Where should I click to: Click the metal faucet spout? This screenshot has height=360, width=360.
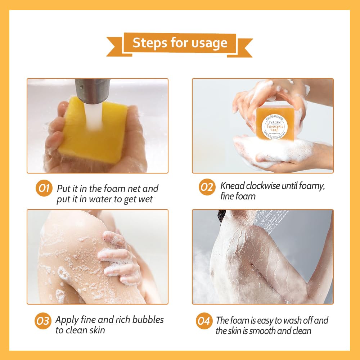92,90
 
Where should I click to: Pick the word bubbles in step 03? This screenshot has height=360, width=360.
148,320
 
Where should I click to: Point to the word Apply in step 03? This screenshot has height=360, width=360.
67,320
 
